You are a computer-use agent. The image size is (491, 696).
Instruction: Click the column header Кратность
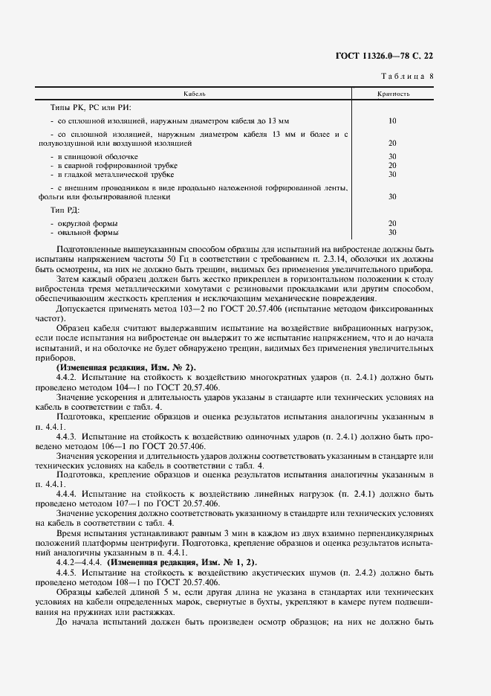point(392,95)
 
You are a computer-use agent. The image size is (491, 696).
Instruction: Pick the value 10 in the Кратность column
point(392,120)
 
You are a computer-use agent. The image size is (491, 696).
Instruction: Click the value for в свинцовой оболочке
point(392,156)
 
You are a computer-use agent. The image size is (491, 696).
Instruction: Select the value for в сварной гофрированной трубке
point(392,165)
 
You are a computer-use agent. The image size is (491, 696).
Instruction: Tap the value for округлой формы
point(392,223)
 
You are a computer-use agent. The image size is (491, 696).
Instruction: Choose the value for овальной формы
point(392,232)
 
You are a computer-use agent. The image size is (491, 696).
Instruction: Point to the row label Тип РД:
point(67,210)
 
